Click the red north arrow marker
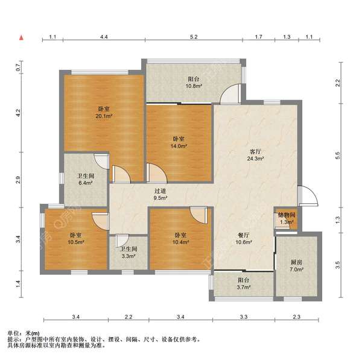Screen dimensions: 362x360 (22, 37)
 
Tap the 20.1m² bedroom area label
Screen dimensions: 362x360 (104, 112)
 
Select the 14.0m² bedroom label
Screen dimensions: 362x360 (179, 142)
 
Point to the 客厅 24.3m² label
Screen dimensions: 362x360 (255, 155)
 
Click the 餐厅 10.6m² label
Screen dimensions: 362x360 (244, 239)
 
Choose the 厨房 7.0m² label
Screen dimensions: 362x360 (296, 265)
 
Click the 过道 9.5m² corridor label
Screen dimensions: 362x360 (160, 194)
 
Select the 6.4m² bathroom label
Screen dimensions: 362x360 (86, 179)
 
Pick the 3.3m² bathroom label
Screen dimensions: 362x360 (129, 252)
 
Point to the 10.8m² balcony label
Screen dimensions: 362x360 (194, 83)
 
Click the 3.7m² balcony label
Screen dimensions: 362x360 (244, 283)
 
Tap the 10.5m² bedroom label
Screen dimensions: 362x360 (76, 239)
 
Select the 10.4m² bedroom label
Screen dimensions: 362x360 (180, 239)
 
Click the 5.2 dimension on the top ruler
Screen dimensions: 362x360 (194, 37)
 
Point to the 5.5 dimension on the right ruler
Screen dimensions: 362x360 (338, 156)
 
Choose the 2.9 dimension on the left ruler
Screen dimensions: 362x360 (18, 180)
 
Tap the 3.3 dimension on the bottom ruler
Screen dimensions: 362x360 (244, 317)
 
